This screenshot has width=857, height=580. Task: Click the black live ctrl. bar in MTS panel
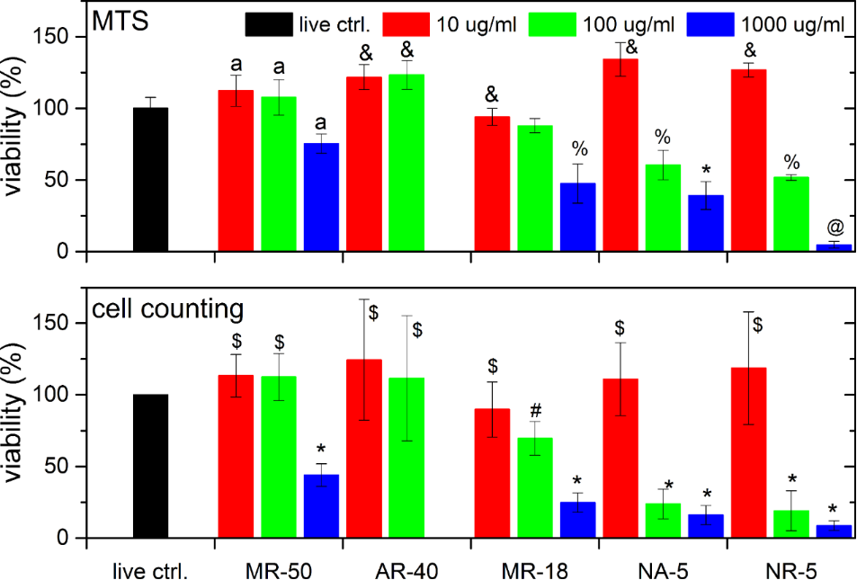[150, 180]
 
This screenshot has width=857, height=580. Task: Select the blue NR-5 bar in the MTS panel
[834, 247]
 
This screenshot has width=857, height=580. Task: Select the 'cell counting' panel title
[168, 308]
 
